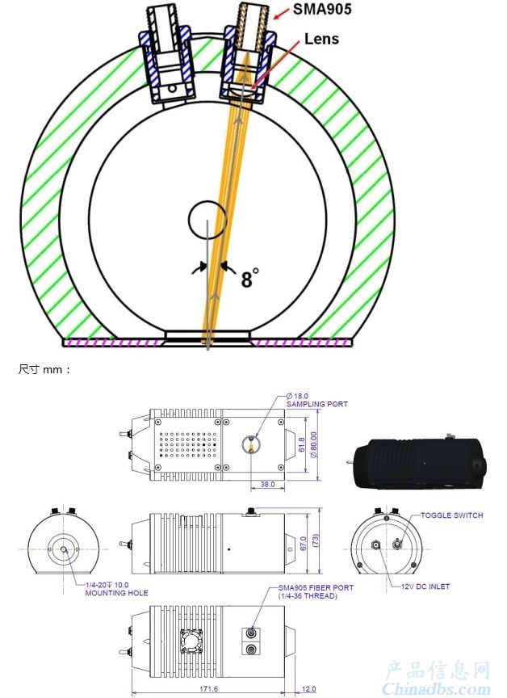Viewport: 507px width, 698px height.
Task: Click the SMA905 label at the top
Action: [322, 8]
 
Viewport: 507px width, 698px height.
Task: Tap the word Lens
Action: [321, 39]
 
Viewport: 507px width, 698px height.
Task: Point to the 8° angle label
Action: [249, 278]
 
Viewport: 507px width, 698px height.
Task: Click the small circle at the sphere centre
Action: [207, 220]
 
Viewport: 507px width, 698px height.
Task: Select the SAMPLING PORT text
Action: [317, 404]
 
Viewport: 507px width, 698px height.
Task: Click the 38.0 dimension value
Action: [267, 485]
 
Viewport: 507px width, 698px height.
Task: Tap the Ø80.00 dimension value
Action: [314, 444]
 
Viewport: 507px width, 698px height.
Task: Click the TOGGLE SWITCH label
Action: [451, 515]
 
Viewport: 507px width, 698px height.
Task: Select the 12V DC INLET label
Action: [425, 587]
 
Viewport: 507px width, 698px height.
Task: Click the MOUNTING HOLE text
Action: [116, 593]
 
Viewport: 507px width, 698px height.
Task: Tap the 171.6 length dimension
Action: [208, 688]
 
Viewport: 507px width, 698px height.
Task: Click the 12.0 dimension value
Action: [308, 689]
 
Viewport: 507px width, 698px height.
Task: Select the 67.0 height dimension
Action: [304, 543]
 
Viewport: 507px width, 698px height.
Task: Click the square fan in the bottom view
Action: [191, 641]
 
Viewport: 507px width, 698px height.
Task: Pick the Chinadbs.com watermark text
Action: [436, 687]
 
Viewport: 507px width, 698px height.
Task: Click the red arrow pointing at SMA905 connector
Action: [281, 14]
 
